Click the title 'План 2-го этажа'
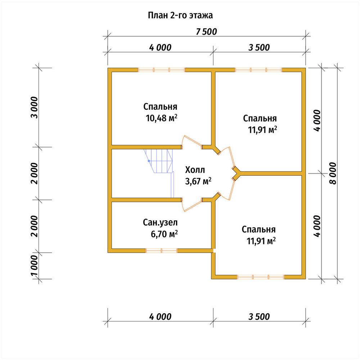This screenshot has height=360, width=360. coord(180,15)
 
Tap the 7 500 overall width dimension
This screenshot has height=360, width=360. coord(206,32)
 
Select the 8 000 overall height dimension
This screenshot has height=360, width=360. coord(333,174)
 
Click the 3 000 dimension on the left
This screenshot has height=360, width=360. coord(34,107)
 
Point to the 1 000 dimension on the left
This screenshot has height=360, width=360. coord(34,266)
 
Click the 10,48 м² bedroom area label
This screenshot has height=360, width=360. coord(162,118)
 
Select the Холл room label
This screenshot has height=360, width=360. coord(195,170)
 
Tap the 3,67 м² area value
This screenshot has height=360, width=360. coord(198,181)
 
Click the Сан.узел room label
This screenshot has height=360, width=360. coord(160,222)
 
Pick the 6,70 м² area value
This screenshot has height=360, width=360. coord(164,234)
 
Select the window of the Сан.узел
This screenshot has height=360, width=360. coord(161,251)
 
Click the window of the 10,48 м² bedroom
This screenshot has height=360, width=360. coord(161,70)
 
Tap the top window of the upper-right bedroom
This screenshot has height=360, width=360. coord(258,70)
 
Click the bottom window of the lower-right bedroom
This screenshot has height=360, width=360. coord(261,277)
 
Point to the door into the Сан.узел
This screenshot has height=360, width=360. coord(192,204)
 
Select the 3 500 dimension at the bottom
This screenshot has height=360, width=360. coord(259,316)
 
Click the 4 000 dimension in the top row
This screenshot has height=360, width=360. coord(160,48)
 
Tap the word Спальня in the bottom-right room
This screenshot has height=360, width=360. coord(258,229)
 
